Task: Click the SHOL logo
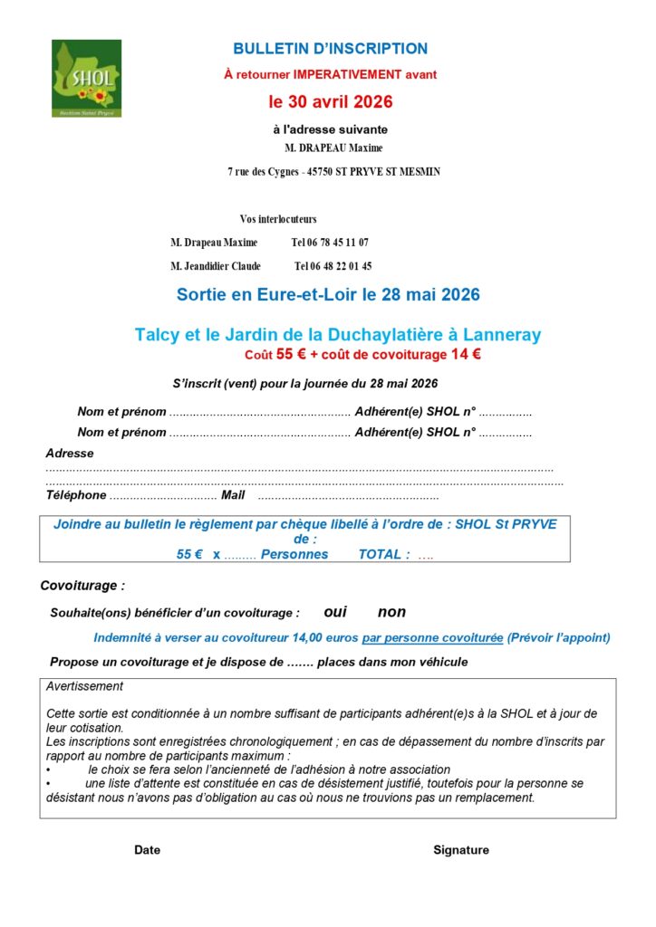coord(86,78)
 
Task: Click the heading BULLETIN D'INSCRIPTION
coord(330,49)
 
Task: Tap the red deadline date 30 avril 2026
coord(330,102)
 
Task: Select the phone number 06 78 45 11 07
coord(330,243)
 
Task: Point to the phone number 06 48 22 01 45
coord(333,266)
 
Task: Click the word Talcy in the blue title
coord(158,335)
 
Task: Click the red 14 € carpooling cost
coord(466,355)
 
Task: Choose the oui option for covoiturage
coord(335,612)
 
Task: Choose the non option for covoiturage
coord(391,612)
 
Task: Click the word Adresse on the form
coord(70,453)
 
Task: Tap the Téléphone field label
coord(76,495)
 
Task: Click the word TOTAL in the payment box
coord(383,554)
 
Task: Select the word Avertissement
coord(84,686)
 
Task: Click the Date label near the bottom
coord(147,850)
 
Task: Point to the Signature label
coord(460,850)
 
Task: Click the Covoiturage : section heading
coord(82,586)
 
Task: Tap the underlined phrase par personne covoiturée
coord(432,637)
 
